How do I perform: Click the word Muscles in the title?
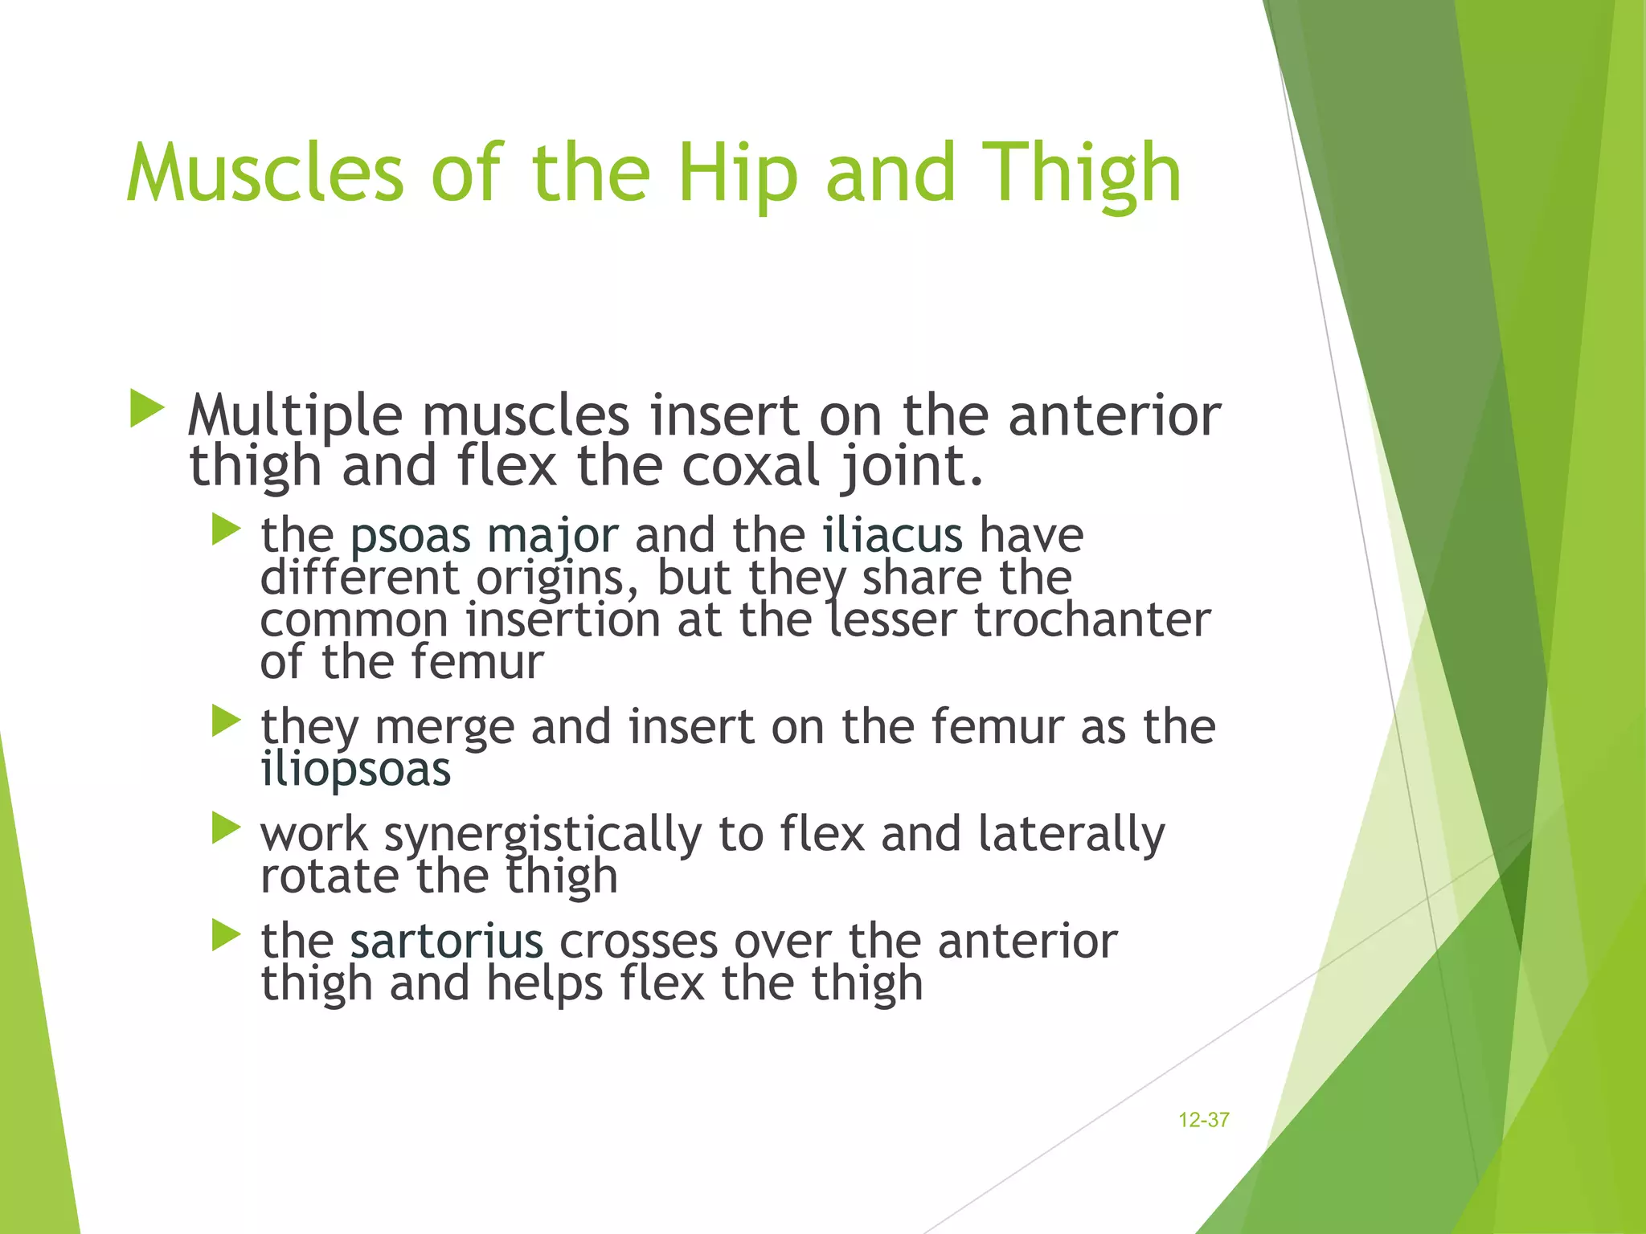point(265,173)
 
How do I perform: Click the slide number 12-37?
point(1203,1120)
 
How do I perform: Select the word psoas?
point(410,537)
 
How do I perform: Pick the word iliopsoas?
point(356,770)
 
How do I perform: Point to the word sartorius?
point(446,941)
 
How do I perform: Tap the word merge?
point(444,728)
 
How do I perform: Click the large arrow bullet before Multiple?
point(146,409)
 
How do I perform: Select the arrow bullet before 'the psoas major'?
point(226,530)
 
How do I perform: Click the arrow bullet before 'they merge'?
point(226,721)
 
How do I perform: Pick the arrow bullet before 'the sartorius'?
point(226,935)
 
